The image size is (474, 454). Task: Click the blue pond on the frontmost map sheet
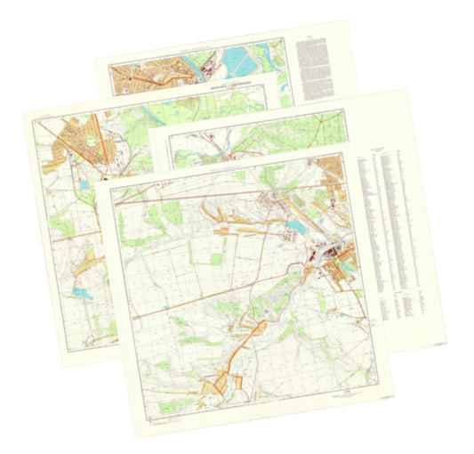click(295, 229)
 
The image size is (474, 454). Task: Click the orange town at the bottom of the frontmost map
click(219, 385)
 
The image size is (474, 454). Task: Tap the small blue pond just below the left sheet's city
click(82, 184)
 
